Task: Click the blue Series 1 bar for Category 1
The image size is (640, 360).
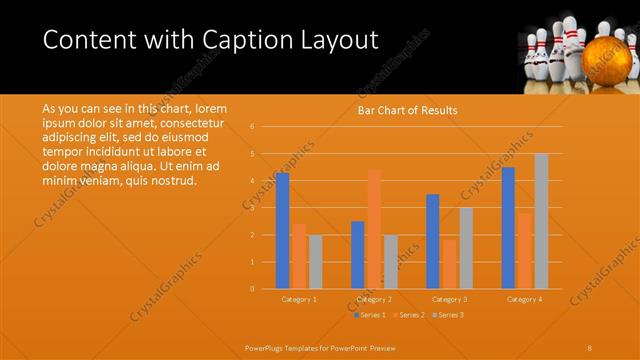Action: click(283, 230)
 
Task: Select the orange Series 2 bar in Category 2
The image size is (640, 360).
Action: click(374, 229)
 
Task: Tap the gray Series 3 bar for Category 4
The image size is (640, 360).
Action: click(541, 221)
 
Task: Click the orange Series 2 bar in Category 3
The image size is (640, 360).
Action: click(449, 264)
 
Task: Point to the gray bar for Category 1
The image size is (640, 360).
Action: click(315, 262)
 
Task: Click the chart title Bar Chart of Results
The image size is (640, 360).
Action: click(408, 110)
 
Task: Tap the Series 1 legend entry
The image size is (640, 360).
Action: click(369, 315)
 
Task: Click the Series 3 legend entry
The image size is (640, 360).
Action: click(449, 315)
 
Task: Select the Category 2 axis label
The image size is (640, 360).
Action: click(373, 299)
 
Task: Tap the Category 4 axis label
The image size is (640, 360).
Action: click(524, 299)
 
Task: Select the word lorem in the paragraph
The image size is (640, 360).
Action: click(210, 108)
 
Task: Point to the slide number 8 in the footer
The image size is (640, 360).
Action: click(590, 347)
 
